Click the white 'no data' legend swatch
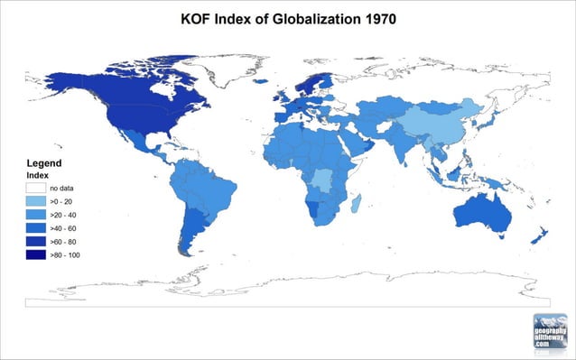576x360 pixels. pyautogui.click(x=36, y=186)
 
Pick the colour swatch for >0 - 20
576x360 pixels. pyautogui.click(x=36, y=200)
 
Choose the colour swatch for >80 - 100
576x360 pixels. pyautogui.click(x=36, y=256)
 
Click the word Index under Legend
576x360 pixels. pyautogui.click(x=37, y=173)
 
